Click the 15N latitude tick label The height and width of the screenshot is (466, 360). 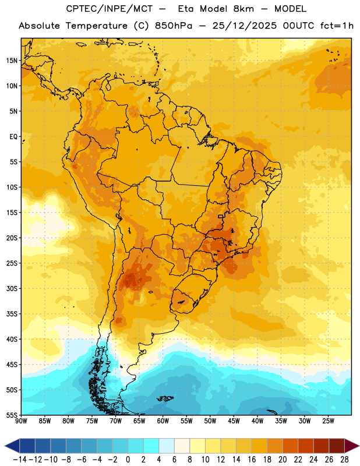click(12, 61)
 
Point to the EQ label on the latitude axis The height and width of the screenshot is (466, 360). click(13, 137)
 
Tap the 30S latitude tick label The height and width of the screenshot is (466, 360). click(12, 288)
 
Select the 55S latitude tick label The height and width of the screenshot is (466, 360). click(12, 415)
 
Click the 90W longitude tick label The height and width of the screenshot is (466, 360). click(21, 421)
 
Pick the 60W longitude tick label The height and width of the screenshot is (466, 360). click(163, 421)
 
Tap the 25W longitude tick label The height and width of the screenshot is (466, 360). click(328, 421)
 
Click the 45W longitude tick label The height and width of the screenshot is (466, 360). click(234, 421)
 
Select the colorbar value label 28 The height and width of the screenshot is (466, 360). click(344, 460)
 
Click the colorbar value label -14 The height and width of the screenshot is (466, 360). click(20, 460)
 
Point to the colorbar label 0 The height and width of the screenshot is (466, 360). click(128, 460)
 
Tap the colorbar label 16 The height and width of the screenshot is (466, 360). click(252, 460)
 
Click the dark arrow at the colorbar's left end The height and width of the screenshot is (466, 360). click(12, 446)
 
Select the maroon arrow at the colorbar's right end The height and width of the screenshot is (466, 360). click(352, 446)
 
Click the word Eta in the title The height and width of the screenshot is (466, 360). click(186, 9)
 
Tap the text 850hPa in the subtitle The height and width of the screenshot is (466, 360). click(174, 26)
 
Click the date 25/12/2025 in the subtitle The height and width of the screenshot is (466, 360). click(244, 26)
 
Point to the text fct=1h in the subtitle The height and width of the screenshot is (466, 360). click(337, 26)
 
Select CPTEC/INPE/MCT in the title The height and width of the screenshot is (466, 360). click(110, 9)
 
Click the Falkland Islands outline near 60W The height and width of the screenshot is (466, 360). click(165, 398)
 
